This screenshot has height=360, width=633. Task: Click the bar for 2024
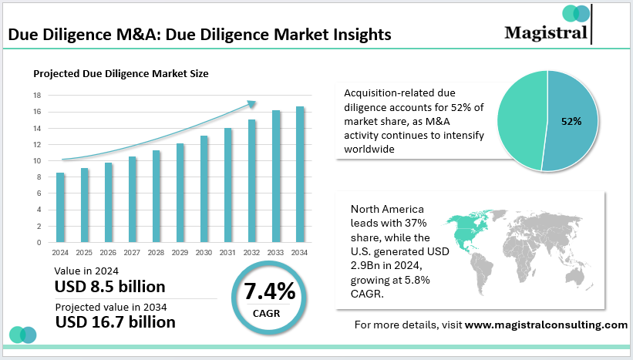point(60,207)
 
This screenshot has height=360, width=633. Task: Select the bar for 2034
point(299,175)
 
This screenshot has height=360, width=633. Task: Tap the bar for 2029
point(180,193)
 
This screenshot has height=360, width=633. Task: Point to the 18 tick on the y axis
point(37,96)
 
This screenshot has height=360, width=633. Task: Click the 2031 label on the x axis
point(227,252)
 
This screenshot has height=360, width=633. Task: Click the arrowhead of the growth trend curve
point(251,102)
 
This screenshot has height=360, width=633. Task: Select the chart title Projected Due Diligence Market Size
point(120,74)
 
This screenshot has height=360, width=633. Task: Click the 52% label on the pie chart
point(571,121)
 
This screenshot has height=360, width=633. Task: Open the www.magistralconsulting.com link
point(546,325)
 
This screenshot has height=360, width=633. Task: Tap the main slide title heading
point(199,35)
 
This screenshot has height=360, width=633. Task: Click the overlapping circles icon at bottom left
point(24,335)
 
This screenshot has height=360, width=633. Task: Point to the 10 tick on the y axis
point(37,161)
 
